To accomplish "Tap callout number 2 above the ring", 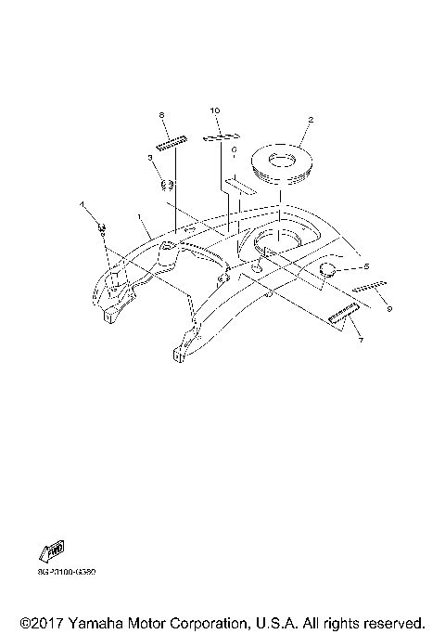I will pyautogui.click(x=311, y=120).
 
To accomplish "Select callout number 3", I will pyautogui.click(x=151, y=159).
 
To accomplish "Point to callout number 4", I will pyautogui.click(x=81, y=203).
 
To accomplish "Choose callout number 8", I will pyautogui.click(x=161, y=114).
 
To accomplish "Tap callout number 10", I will pyautogui.click(x=215, y=110).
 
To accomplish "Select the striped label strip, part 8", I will pyautogui.click(x=172, y=141).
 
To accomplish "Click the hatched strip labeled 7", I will pyautogui.click(x=344, y=315).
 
